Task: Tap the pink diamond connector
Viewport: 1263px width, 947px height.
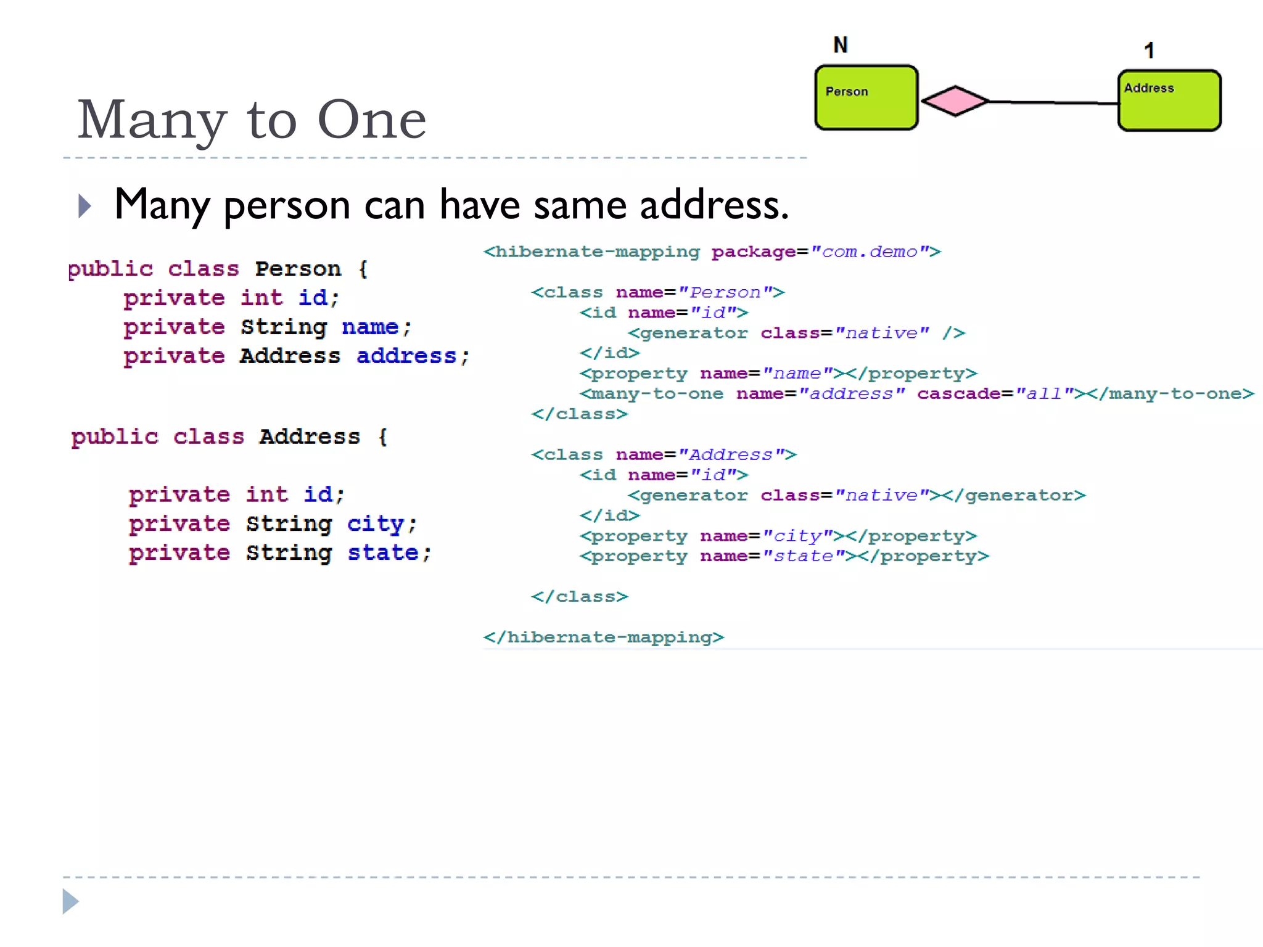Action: click(955, 100)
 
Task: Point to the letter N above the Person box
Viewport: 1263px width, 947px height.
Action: click(841, 45)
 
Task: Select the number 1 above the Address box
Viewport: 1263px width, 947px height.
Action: click(1149, 51)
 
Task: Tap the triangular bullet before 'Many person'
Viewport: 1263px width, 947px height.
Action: click(85, 206)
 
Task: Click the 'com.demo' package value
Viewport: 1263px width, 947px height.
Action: click(870, 252)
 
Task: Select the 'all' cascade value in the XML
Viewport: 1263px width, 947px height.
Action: click(1044, 393)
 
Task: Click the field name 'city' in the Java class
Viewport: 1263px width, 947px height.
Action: click(375, 524)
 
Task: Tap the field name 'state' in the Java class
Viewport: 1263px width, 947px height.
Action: click(383, 553)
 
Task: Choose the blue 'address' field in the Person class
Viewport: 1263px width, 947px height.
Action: click(406, 356)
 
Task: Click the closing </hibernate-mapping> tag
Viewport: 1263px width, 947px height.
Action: click(604, 637)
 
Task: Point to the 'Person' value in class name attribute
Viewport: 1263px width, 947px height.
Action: click(725, 292)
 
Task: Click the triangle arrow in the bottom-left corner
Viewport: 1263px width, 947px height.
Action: click(70, 901)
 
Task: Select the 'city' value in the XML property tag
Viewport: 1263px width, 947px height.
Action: click(797, 536)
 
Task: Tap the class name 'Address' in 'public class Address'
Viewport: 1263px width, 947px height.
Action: click(310, 437)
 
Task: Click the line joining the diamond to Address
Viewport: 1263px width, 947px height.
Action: click(1053, 102)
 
